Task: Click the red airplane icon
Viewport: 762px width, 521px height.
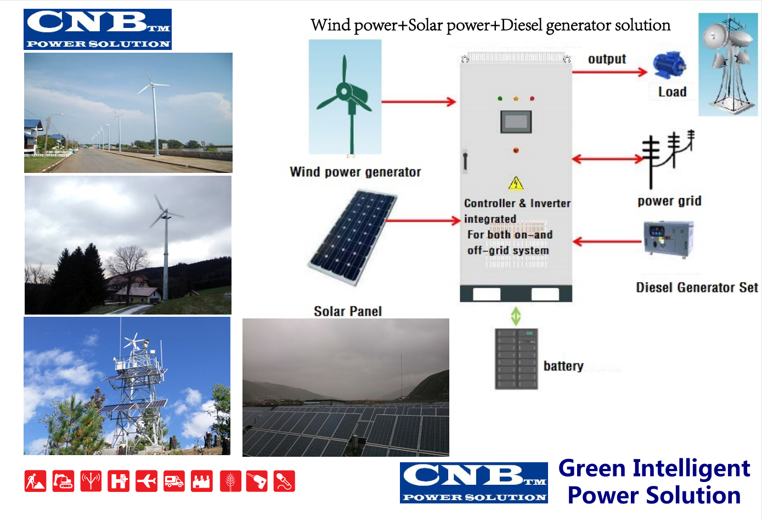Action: tap(146, 481)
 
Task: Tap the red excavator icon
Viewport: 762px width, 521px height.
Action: tap(63, 481)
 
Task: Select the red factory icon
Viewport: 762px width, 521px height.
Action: tap(202, 481)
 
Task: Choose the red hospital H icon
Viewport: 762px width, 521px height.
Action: tap(118, 481)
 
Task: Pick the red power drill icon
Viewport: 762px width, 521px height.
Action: tap(257, 481)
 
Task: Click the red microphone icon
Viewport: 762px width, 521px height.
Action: tap(284, 481)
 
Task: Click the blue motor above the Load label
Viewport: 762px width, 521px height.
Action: tap(669, 65)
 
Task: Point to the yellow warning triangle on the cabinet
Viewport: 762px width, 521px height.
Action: tap(516, 183)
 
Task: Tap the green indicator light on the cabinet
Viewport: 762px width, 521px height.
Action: tap(500, 99)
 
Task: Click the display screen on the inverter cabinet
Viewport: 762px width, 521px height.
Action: tap(516, 121)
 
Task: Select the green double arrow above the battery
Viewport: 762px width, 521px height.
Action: tap(516, 316)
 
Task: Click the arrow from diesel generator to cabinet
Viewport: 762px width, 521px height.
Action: tap(607, 242)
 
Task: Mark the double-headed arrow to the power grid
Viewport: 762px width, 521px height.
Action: tap(607, 159)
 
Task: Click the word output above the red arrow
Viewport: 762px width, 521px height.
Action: tap(607, 59)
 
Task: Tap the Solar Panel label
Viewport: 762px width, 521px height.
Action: tap(348, 311)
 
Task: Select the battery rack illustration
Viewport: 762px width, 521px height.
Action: tap(516, 358)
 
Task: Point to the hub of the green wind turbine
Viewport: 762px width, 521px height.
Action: tap(344, 91)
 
